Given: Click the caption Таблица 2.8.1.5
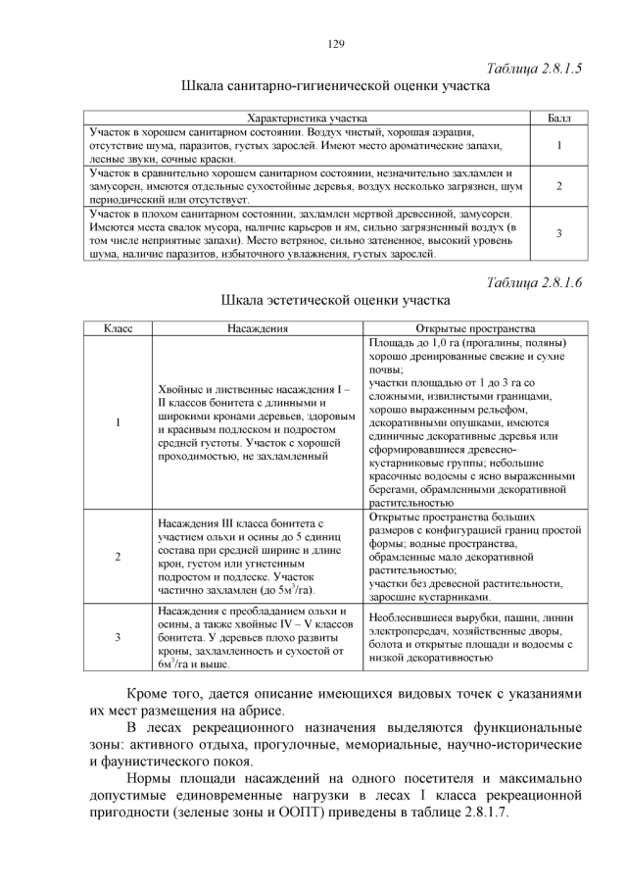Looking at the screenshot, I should (534, 69).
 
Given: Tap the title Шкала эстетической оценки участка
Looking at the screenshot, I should (334, 300).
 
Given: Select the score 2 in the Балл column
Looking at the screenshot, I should (557, 185).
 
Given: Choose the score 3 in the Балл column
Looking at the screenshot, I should (557, 233).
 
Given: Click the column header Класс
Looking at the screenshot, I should (117, 329).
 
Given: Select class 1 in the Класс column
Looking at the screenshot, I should (117, 422).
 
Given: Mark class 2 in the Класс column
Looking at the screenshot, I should (117, 557).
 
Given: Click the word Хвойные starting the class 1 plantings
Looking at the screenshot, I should (181, 389).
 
